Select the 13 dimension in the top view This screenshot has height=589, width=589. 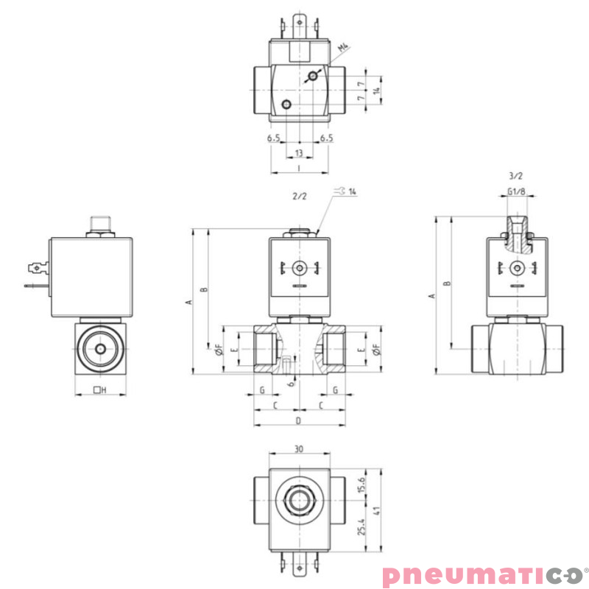[x=299, y=153]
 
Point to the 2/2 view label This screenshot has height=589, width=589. [x=299, y=197]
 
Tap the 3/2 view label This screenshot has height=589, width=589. [x=515, y=176]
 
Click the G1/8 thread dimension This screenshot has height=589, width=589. [x=516, y=192]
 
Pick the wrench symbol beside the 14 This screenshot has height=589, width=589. [x=339, y=191]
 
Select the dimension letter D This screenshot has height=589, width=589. [x=298, y=420]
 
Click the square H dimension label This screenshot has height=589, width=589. [x=101, y=389]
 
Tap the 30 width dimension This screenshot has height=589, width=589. [x=298, y=448]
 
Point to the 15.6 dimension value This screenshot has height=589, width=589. [x=360, y=485]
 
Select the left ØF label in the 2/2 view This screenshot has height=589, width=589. [x=219, y=350]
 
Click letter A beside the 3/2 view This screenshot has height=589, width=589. [x=432, y=295]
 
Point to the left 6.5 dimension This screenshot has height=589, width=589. [x=274, y=138]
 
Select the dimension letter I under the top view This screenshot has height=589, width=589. [x=298, y=168]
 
